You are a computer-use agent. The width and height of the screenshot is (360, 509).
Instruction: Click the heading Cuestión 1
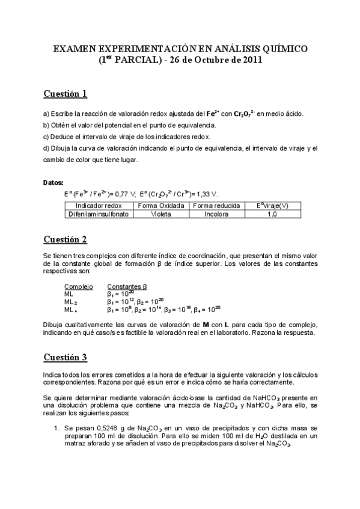66,94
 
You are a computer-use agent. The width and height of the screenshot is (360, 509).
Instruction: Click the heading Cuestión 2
66,239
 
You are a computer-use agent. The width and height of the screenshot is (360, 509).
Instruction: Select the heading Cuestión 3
66,357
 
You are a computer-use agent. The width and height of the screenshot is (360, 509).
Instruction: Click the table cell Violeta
160,213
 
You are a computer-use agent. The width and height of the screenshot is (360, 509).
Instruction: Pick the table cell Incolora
216,213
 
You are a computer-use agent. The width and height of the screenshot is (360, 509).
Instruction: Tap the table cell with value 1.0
272,213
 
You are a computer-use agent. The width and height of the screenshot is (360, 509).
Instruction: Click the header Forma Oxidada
160,205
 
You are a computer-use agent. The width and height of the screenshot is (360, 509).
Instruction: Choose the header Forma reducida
216,205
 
